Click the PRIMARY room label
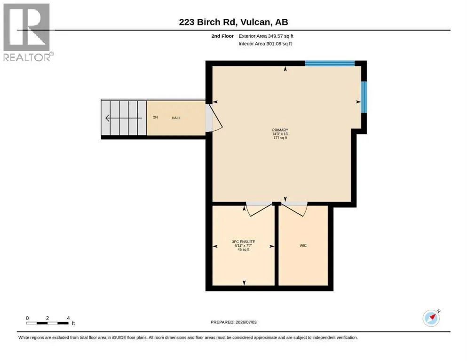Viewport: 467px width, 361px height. pos(280,130)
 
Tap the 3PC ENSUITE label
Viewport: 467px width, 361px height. pos(243,242)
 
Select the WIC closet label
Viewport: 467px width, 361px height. pos(303,245)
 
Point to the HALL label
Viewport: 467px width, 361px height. pos(176,118)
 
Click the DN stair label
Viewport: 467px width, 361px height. pos(155,117)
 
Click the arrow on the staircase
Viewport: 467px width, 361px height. pos(124,118)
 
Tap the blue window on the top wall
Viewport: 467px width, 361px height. pos(330,63)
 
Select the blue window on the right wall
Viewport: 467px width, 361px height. pos(364,97)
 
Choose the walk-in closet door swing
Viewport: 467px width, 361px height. pos(295,209)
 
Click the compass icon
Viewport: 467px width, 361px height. pos(431,318)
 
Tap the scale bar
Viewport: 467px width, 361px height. pos(47,323)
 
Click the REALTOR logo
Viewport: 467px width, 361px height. pos(27,32)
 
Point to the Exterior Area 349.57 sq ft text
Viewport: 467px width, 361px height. pos(266,36)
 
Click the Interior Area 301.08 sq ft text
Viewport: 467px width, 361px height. pos(265,44)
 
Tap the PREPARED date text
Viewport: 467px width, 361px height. pos(233,322)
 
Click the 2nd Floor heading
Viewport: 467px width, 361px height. pos(222,36)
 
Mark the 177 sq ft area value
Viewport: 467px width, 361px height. pos(280,138)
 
